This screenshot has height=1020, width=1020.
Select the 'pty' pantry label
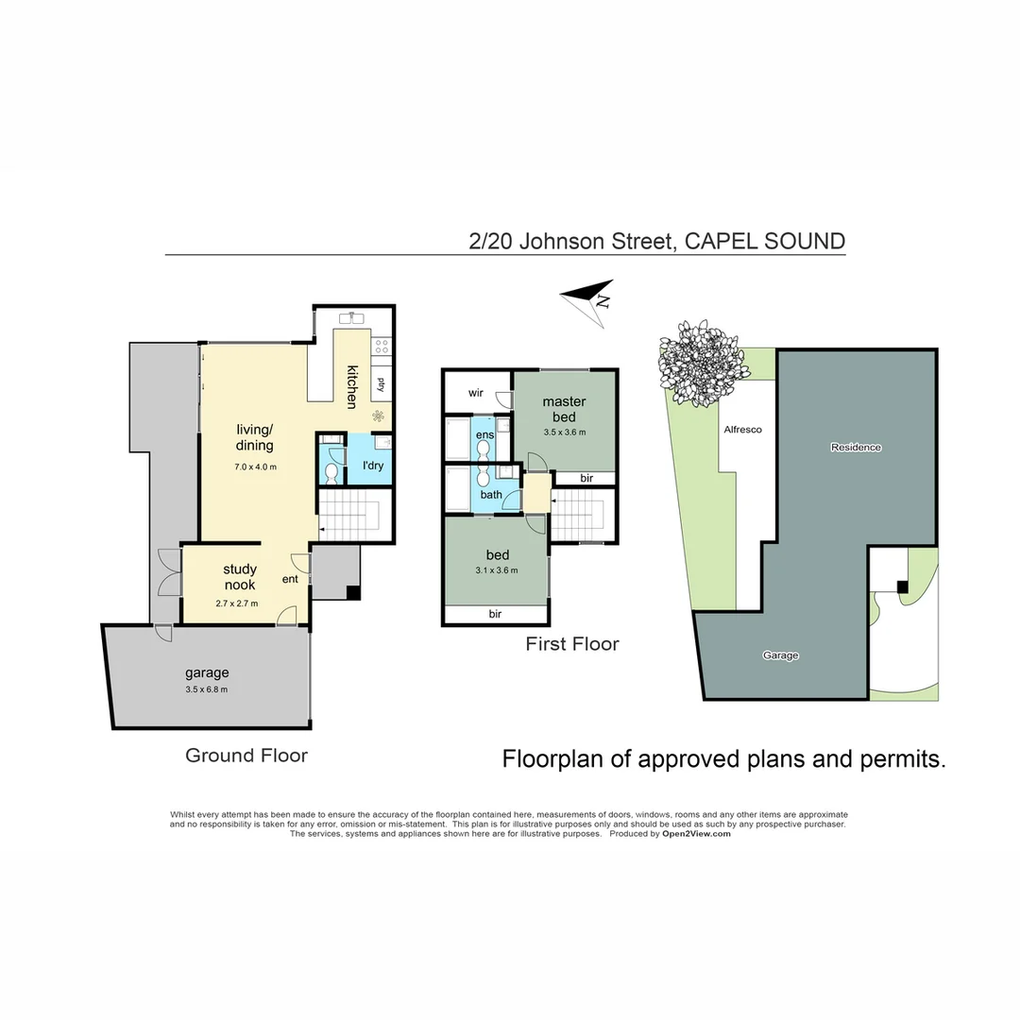pos(381,384)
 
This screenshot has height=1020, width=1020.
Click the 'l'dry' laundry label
pos(372,466)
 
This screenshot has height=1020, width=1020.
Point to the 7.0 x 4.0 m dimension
pos(255,467)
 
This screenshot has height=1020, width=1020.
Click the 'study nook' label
pos(240,577)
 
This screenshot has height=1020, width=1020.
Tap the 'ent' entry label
pos(290,579)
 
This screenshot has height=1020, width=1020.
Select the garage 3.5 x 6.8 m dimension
pos(207,689)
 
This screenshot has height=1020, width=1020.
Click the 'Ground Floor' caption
pos(246,755)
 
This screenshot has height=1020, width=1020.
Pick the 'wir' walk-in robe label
pos(476,392)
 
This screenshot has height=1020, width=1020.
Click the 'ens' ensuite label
pos(484,434)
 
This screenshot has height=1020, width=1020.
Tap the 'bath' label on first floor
pos(491,494)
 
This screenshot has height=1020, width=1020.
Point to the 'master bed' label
pos(564,409)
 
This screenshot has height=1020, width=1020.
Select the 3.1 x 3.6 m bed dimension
pos(497,569)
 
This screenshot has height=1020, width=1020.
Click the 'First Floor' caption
pos(572,644)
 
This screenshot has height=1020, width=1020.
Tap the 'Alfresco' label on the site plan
pos(742,429)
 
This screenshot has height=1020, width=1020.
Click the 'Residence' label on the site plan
pos(856,447)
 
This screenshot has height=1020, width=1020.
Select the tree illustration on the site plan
pos(699,363)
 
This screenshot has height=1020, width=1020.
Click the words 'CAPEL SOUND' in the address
pos(764,241)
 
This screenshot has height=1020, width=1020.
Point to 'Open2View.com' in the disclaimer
pos(696,834)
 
